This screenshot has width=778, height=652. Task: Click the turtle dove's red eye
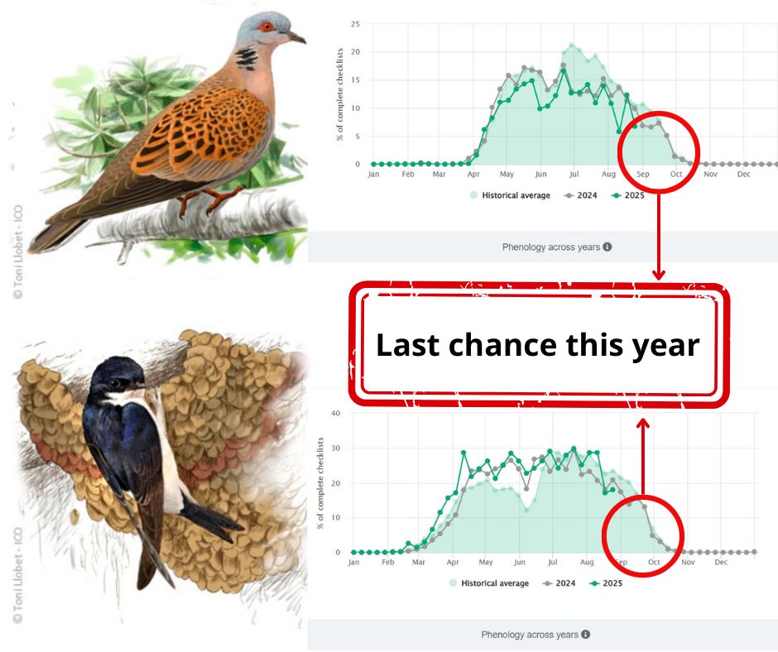267,26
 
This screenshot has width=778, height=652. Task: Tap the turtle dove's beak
296,37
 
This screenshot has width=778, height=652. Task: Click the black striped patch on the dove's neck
246,57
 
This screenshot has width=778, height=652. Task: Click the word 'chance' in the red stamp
503,345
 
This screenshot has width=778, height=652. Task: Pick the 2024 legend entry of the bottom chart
559,583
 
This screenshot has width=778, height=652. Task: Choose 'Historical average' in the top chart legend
510,195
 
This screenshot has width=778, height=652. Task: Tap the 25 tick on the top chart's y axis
355,24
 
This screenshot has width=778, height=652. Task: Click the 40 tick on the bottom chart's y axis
335,414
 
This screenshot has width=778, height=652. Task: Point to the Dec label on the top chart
743,174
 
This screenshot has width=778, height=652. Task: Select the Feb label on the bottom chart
388,562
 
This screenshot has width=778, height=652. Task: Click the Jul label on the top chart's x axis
574,174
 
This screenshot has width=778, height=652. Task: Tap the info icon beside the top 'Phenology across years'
608,247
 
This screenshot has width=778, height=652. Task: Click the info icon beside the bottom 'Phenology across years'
586,635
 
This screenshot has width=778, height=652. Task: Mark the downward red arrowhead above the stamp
659,275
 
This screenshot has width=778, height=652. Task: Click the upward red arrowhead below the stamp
643,424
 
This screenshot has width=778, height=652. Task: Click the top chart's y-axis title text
340,94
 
